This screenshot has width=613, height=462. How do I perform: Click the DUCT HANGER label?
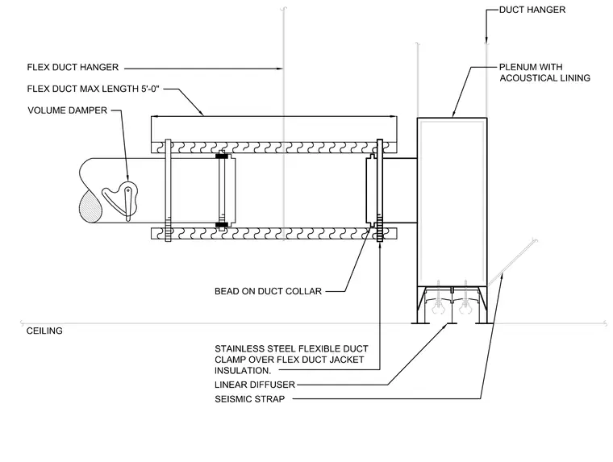pyautogui.click(x=532, y=10)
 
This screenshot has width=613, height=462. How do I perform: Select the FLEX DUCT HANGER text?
pyautogui.click(x=73, y=67)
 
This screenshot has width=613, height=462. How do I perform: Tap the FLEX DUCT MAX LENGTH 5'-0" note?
pyautogui.click(x=94, y=89)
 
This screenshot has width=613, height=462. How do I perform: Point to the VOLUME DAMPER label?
pyautogui.click(x=67, y=110)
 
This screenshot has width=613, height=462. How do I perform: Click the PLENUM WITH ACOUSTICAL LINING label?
pyautogui.click(x=544, y=73)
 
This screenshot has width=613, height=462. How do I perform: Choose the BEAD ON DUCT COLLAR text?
pyautogui.click(x=268, y=291)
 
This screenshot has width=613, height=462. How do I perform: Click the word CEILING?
pyautogui.click(x=44, y=331)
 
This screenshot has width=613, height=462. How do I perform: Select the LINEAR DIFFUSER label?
pyautogui.click(x=255, y=385)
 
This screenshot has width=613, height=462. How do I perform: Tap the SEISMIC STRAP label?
pyautogui.click(x=249, y=399)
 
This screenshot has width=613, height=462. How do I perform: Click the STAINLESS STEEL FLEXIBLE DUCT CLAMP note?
pyautogui.click(x=291, y=360)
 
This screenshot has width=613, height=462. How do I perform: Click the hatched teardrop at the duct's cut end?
pyautogui.click(x=90, y=207)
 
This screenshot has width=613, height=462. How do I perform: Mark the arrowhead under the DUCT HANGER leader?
pyautogui.click(x=486, y=40)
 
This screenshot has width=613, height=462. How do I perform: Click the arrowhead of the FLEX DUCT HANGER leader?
pyautogui.click(x=280, y=69)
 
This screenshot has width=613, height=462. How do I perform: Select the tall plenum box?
pyautogui.click(x=452, y=202)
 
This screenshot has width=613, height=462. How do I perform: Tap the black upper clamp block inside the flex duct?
pyautogui.click(x=222, y=156)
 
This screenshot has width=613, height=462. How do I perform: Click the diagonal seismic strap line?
pyautogui.click(x=512, y=261)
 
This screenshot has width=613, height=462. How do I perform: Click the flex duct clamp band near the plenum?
pyautogui.click(x=379, y=190)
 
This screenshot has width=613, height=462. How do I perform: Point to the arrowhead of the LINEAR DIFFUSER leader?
pyautogui.click(x=445, y=325)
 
